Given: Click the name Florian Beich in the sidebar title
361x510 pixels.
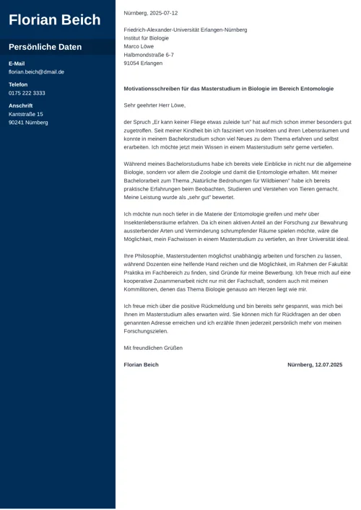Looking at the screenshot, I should click(55, 20).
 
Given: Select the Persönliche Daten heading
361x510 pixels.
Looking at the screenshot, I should click(45, 48).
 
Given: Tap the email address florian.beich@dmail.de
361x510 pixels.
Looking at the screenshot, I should click(36, 72).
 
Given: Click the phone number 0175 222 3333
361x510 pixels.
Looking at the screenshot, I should click(27, 93).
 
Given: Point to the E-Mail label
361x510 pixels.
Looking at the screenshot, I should click(17, 63).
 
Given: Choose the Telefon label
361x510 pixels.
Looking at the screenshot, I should click(18, 84).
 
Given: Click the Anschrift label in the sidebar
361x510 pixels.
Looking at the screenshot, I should click(20, 105).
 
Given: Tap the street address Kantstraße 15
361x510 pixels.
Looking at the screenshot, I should click(26, 114).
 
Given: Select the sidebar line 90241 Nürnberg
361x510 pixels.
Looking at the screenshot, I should click(28, 123).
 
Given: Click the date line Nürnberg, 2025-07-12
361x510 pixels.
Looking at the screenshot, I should click(151, 13).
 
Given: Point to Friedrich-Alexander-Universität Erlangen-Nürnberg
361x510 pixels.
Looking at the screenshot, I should click(186, 30).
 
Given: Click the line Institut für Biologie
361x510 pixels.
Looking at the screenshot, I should click(147, 38).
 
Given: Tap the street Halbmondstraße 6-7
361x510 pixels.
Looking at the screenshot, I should click(149, 55).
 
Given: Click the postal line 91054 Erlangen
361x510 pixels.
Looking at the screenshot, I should click(143, 63).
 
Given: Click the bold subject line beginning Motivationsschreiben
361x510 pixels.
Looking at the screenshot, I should click(229, 89).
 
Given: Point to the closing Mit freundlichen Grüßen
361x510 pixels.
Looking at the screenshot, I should click(153, 348).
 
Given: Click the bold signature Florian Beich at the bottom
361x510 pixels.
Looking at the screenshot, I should click(142, 365).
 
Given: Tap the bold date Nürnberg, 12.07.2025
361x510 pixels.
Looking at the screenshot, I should click(315, 365).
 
